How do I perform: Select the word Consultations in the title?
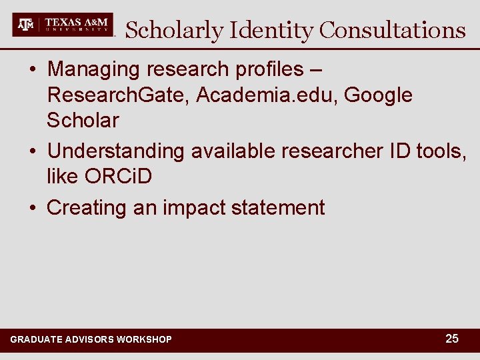tap(392, 30)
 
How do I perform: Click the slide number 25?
tap(452, 339)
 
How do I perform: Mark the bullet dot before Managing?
tap(33, 70)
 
